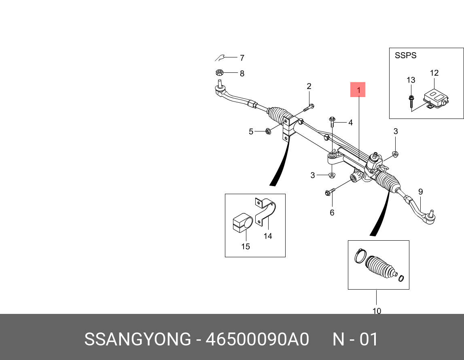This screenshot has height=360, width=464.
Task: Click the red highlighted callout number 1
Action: tap(358, 90)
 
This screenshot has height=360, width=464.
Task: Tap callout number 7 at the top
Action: tap(242, 58)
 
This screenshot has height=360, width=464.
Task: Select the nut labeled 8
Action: tap(220, 73)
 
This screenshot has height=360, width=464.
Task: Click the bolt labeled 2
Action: tap(309, 108)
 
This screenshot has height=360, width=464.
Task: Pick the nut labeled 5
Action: tap(267, 131)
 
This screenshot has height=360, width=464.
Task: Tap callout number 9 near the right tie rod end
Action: tap(420, 191)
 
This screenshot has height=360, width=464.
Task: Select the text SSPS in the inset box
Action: tap(405, 55)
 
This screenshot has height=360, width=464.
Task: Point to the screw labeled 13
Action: tap(411, 99)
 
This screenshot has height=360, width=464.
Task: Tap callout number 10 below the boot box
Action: tap(377, 311)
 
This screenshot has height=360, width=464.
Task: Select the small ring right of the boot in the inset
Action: tap(401, 278)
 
